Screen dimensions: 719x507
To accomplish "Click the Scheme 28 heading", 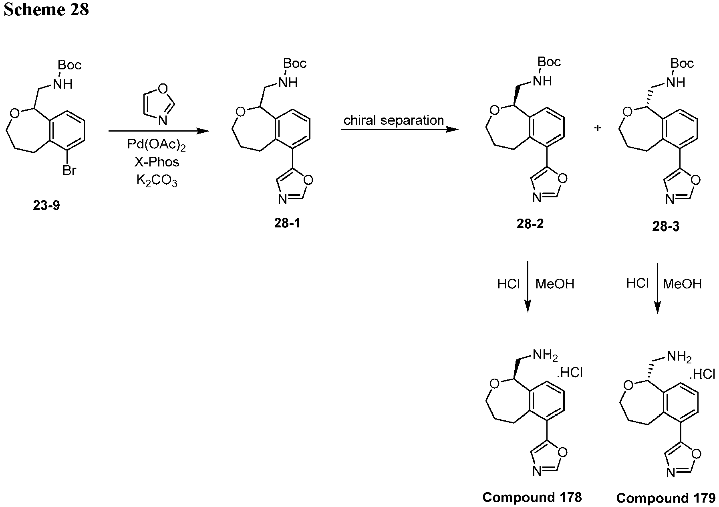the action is click(46, 9).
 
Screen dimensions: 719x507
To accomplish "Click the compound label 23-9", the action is click(46, 206).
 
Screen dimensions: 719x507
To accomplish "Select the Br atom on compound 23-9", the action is click(69, 170).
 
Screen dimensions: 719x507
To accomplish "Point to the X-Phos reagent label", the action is click(157, 162).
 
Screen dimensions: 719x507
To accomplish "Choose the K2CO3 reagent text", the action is click(157, 180).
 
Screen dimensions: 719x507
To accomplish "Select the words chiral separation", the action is click(394, 120).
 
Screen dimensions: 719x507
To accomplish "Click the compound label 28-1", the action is click(287, 223).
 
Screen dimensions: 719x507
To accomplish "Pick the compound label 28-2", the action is click(530, 224).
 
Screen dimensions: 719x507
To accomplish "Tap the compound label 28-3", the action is click(666, 227).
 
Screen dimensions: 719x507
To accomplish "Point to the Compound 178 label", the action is click(532, 497).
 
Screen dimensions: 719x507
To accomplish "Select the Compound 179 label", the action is click(666, 498).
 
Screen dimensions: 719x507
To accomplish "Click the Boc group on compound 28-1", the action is click(295, 63).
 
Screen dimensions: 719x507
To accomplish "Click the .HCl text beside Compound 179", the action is click(702, 374).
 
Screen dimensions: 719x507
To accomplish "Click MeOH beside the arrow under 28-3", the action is click(683, 284).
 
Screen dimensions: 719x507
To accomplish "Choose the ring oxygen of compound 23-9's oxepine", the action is click(14, 114).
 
